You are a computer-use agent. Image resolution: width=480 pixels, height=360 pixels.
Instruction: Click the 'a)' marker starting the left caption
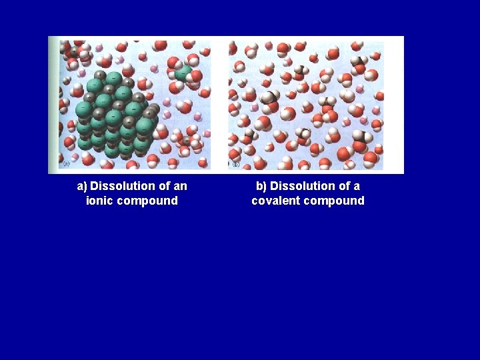(83, 186)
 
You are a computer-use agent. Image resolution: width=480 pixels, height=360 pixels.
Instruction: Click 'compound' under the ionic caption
(148, 201)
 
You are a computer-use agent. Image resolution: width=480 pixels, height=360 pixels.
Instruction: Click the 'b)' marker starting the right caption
(261, 186)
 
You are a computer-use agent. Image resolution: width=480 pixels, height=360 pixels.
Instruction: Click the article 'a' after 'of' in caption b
(357, 186)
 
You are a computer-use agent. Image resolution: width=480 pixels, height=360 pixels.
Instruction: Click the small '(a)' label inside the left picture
(66, 163)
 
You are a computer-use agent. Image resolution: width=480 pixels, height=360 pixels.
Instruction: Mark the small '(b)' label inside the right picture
(235, 163)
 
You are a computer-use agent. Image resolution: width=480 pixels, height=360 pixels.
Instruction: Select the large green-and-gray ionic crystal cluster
(113, 113)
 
